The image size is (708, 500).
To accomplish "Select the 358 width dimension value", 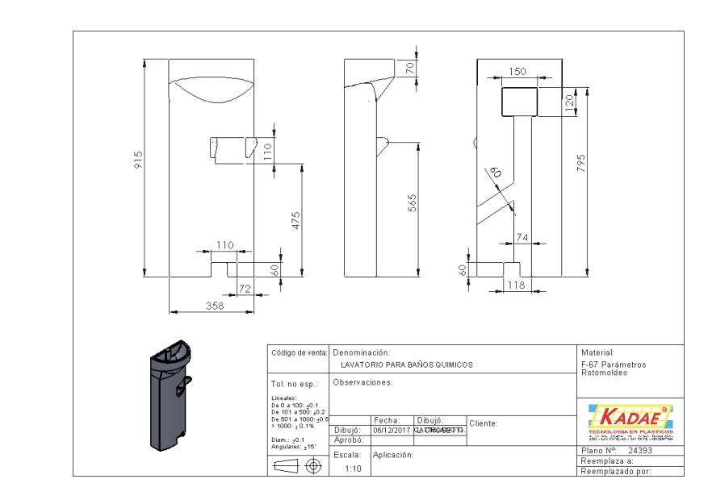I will pos(215,306).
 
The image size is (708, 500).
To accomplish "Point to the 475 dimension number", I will pos(296,219).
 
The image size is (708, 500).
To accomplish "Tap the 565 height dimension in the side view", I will pos(411,202).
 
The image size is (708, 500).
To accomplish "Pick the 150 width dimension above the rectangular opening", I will pos(518,72).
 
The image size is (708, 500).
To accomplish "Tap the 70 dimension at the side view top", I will pos(410,69).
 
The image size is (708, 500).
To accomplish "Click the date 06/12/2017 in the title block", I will pos(391,431).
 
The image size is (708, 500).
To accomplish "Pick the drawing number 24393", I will pos(639,450).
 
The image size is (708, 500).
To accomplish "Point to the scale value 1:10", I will pos(353,468).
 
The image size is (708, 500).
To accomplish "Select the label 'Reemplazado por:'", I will pos(615,471).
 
